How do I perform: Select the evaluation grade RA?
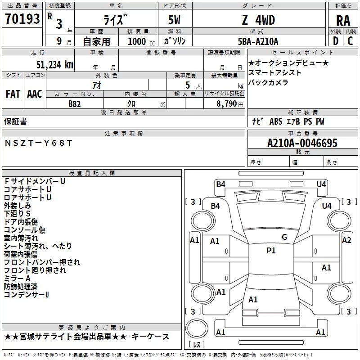click(343, 20)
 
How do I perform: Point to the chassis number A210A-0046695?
click(302, 144)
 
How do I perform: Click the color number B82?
click(74, 103)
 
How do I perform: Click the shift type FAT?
click(13, 94)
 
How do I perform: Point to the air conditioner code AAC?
click(34, 94)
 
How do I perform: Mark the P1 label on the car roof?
click(271, 251)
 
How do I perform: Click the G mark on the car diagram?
click(284, 237)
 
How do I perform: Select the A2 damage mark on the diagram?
click(346, 240)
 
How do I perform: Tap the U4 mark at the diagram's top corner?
click(321, 184)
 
